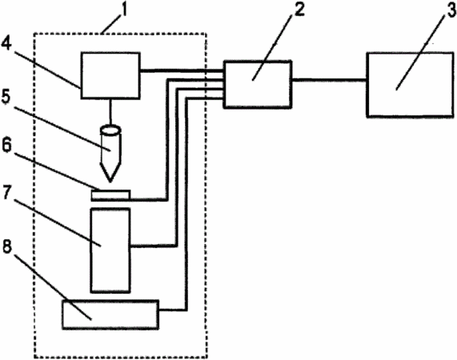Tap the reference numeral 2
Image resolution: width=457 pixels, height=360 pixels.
click(x=299, y=10)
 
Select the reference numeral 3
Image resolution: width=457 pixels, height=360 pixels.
click(x=451, y=10)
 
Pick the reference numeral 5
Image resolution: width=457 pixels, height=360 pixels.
click(x=6, y=96)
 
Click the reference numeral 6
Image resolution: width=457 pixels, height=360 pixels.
click(x=6, y=145)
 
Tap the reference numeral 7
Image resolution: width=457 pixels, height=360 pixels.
click(x=7, y=192)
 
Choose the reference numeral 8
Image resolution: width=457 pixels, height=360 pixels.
click(x=7, y=246)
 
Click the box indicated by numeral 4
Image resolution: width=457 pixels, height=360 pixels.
click(x=110, y=75)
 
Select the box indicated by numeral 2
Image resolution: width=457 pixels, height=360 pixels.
click(x=258, y=85)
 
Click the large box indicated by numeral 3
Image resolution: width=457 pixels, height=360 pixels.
click(x=411, y=85)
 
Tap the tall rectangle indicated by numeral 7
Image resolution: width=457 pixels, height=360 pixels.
click(x=110, y=250)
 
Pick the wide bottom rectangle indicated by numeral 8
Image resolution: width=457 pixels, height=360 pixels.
click(x=110, y=314)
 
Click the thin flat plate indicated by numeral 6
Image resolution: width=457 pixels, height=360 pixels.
click(x=110, y=195)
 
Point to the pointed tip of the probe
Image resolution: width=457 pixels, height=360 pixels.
click(x=110, y=182)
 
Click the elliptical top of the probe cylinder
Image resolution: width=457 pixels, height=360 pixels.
click(x=110, y=130)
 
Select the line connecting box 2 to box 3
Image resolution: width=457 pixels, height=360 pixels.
click(x=329, y=79)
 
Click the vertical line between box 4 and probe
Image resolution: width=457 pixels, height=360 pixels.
click(x=110, y=112)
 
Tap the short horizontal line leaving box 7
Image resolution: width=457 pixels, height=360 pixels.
click(x=154, y=246)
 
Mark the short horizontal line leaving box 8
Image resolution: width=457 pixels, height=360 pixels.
click(x=173, y=310)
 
